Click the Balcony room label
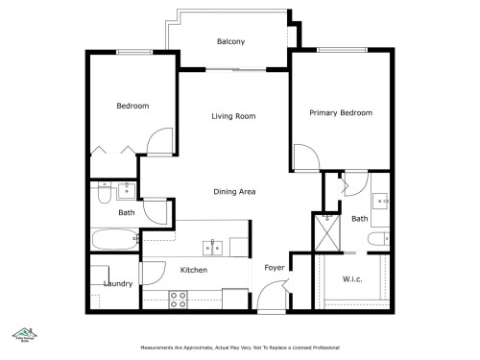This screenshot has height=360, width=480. [230, 41]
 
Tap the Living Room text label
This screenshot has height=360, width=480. [233, 116]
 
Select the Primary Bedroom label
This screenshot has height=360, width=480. [341, 113]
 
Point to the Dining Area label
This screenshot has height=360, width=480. [233, 192]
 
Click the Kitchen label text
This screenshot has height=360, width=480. [194, 271]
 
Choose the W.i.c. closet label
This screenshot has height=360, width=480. [352, 279]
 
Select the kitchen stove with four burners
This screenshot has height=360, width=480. [178, 299]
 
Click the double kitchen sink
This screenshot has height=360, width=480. [213, 248]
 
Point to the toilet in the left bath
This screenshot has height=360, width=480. [103, 195]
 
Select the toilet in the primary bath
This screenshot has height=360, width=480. [380, 238]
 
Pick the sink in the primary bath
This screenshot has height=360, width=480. [382, 202]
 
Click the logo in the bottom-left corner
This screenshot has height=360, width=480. [17, 332]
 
